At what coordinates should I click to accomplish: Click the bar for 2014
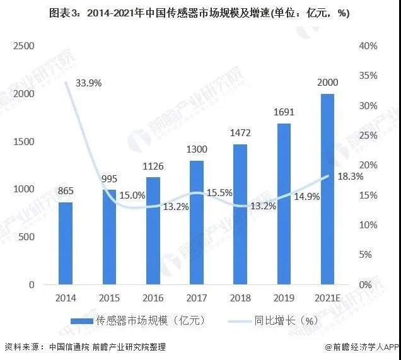[x=66, y=243]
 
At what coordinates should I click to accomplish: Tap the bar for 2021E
[x=327, y=189]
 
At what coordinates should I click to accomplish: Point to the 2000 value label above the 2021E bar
[x=327, y=83]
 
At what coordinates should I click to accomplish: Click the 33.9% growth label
[x=89, y=83]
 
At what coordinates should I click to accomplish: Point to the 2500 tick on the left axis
[x=22, y=46]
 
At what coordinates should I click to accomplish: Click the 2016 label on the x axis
[x=152, y=297]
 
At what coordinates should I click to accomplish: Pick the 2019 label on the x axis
[x=283, y=297]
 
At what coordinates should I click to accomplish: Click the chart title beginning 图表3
[x=200, y=13]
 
